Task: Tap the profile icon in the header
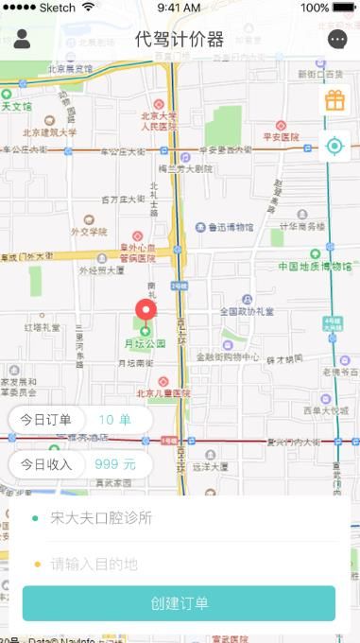pos(23,39)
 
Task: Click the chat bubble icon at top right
pos(337,39)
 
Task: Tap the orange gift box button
pos(334,100)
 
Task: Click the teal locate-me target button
pos(334,146)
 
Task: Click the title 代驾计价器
pos(180,39)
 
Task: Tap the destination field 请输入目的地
pos(94,565)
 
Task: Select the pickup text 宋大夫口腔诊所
pos(101,518)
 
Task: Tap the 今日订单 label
pos(46,420)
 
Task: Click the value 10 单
pos(115,420)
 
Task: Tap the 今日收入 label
pos(46,464)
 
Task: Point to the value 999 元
pos(115,464)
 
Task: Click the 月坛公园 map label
pos(146,343)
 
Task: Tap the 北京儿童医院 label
pos(163,393)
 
